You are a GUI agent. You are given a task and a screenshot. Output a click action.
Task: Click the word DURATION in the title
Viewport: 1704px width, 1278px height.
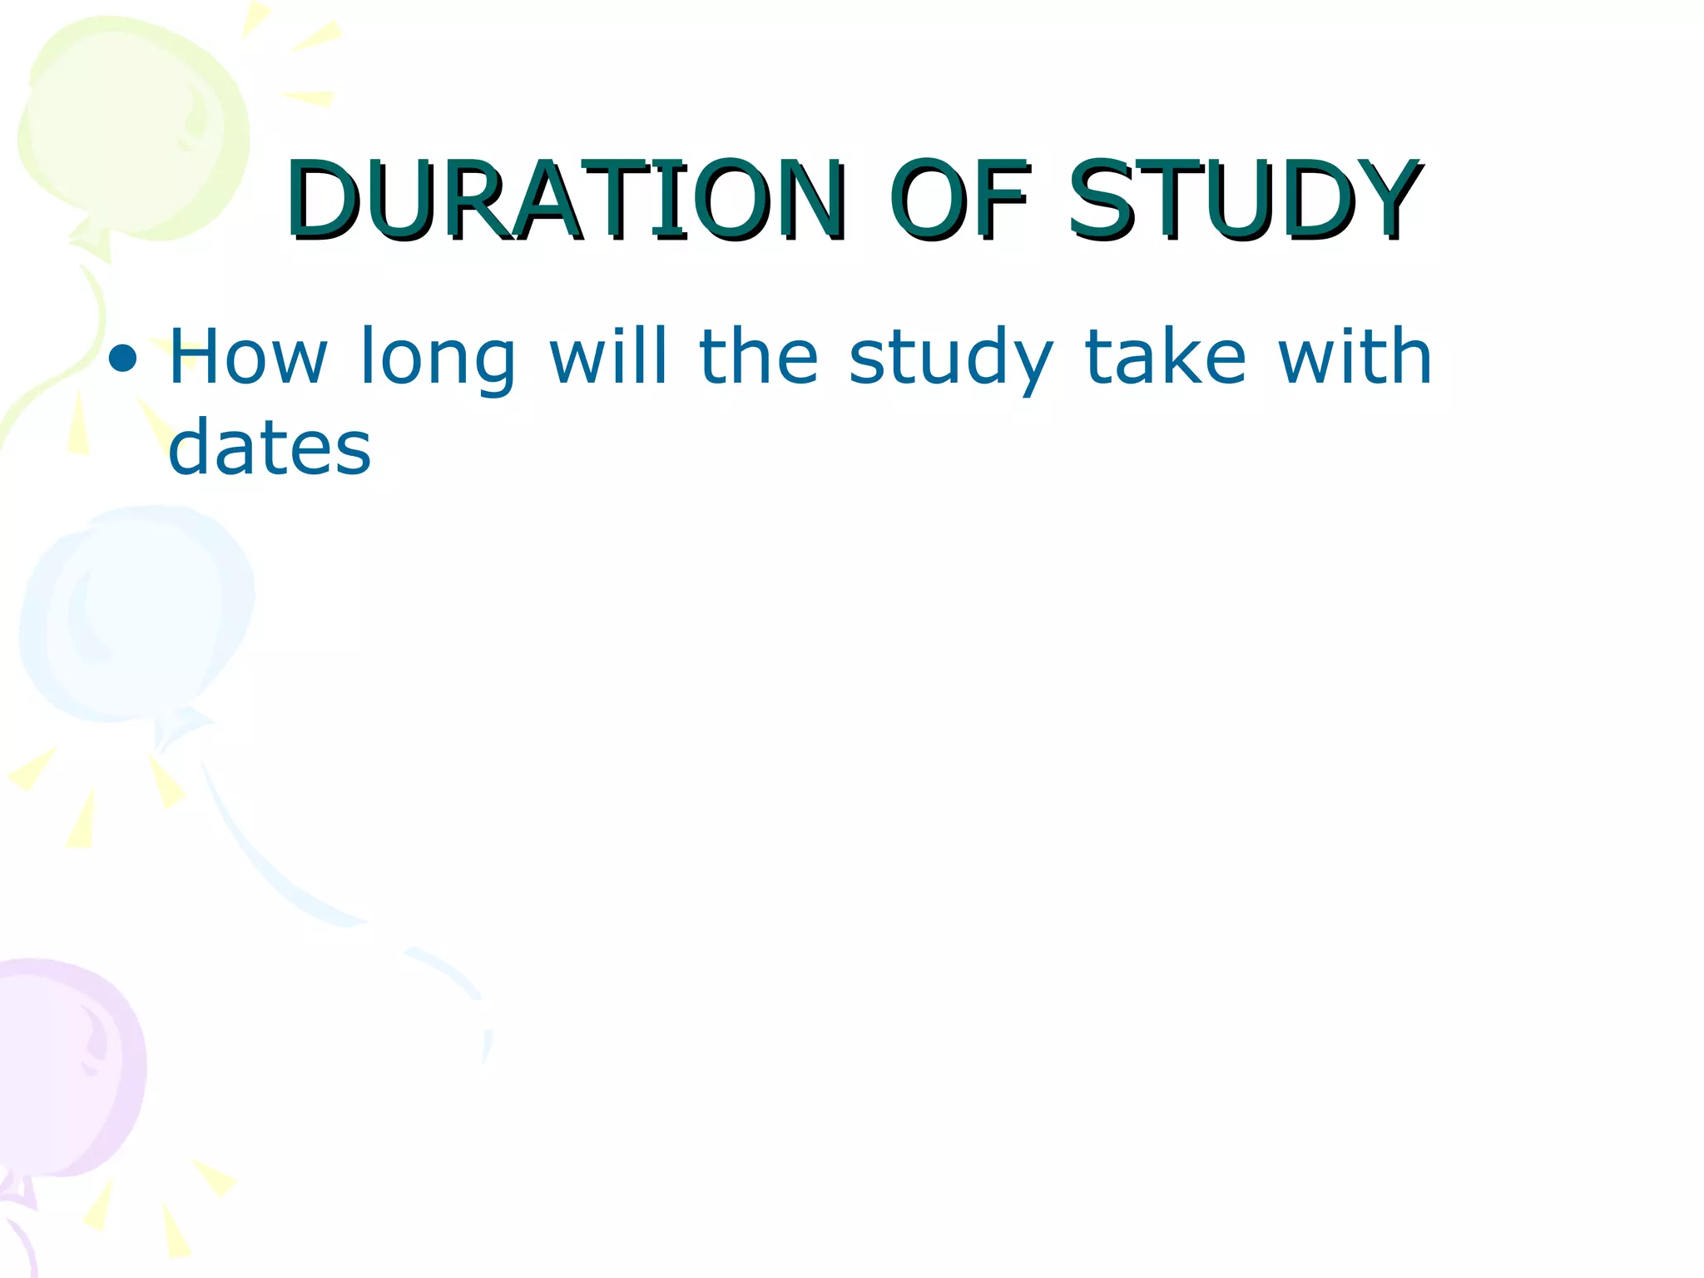[x=566, y=200]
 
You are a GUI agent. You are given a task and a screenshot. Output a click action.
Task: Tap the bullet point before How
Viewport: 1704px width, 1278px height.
[x=122, y=359]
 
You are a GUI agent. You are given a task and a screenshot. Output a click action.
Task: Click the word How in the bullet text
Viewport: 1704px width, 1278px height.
[x=248, y=358]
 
